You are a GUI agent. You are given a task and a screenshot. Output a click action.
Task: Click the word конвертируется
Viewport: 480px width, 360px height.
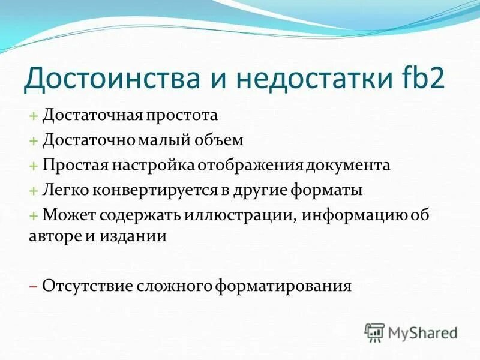(x=140, y=190)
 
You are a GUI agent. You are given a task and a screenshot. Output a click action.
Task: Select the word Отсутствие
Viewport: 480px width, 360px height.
(x=79, y=285)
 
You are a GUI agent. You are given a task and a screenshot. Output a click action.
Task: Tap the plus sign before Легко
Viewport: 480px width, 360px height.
(x=33, y=191)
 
